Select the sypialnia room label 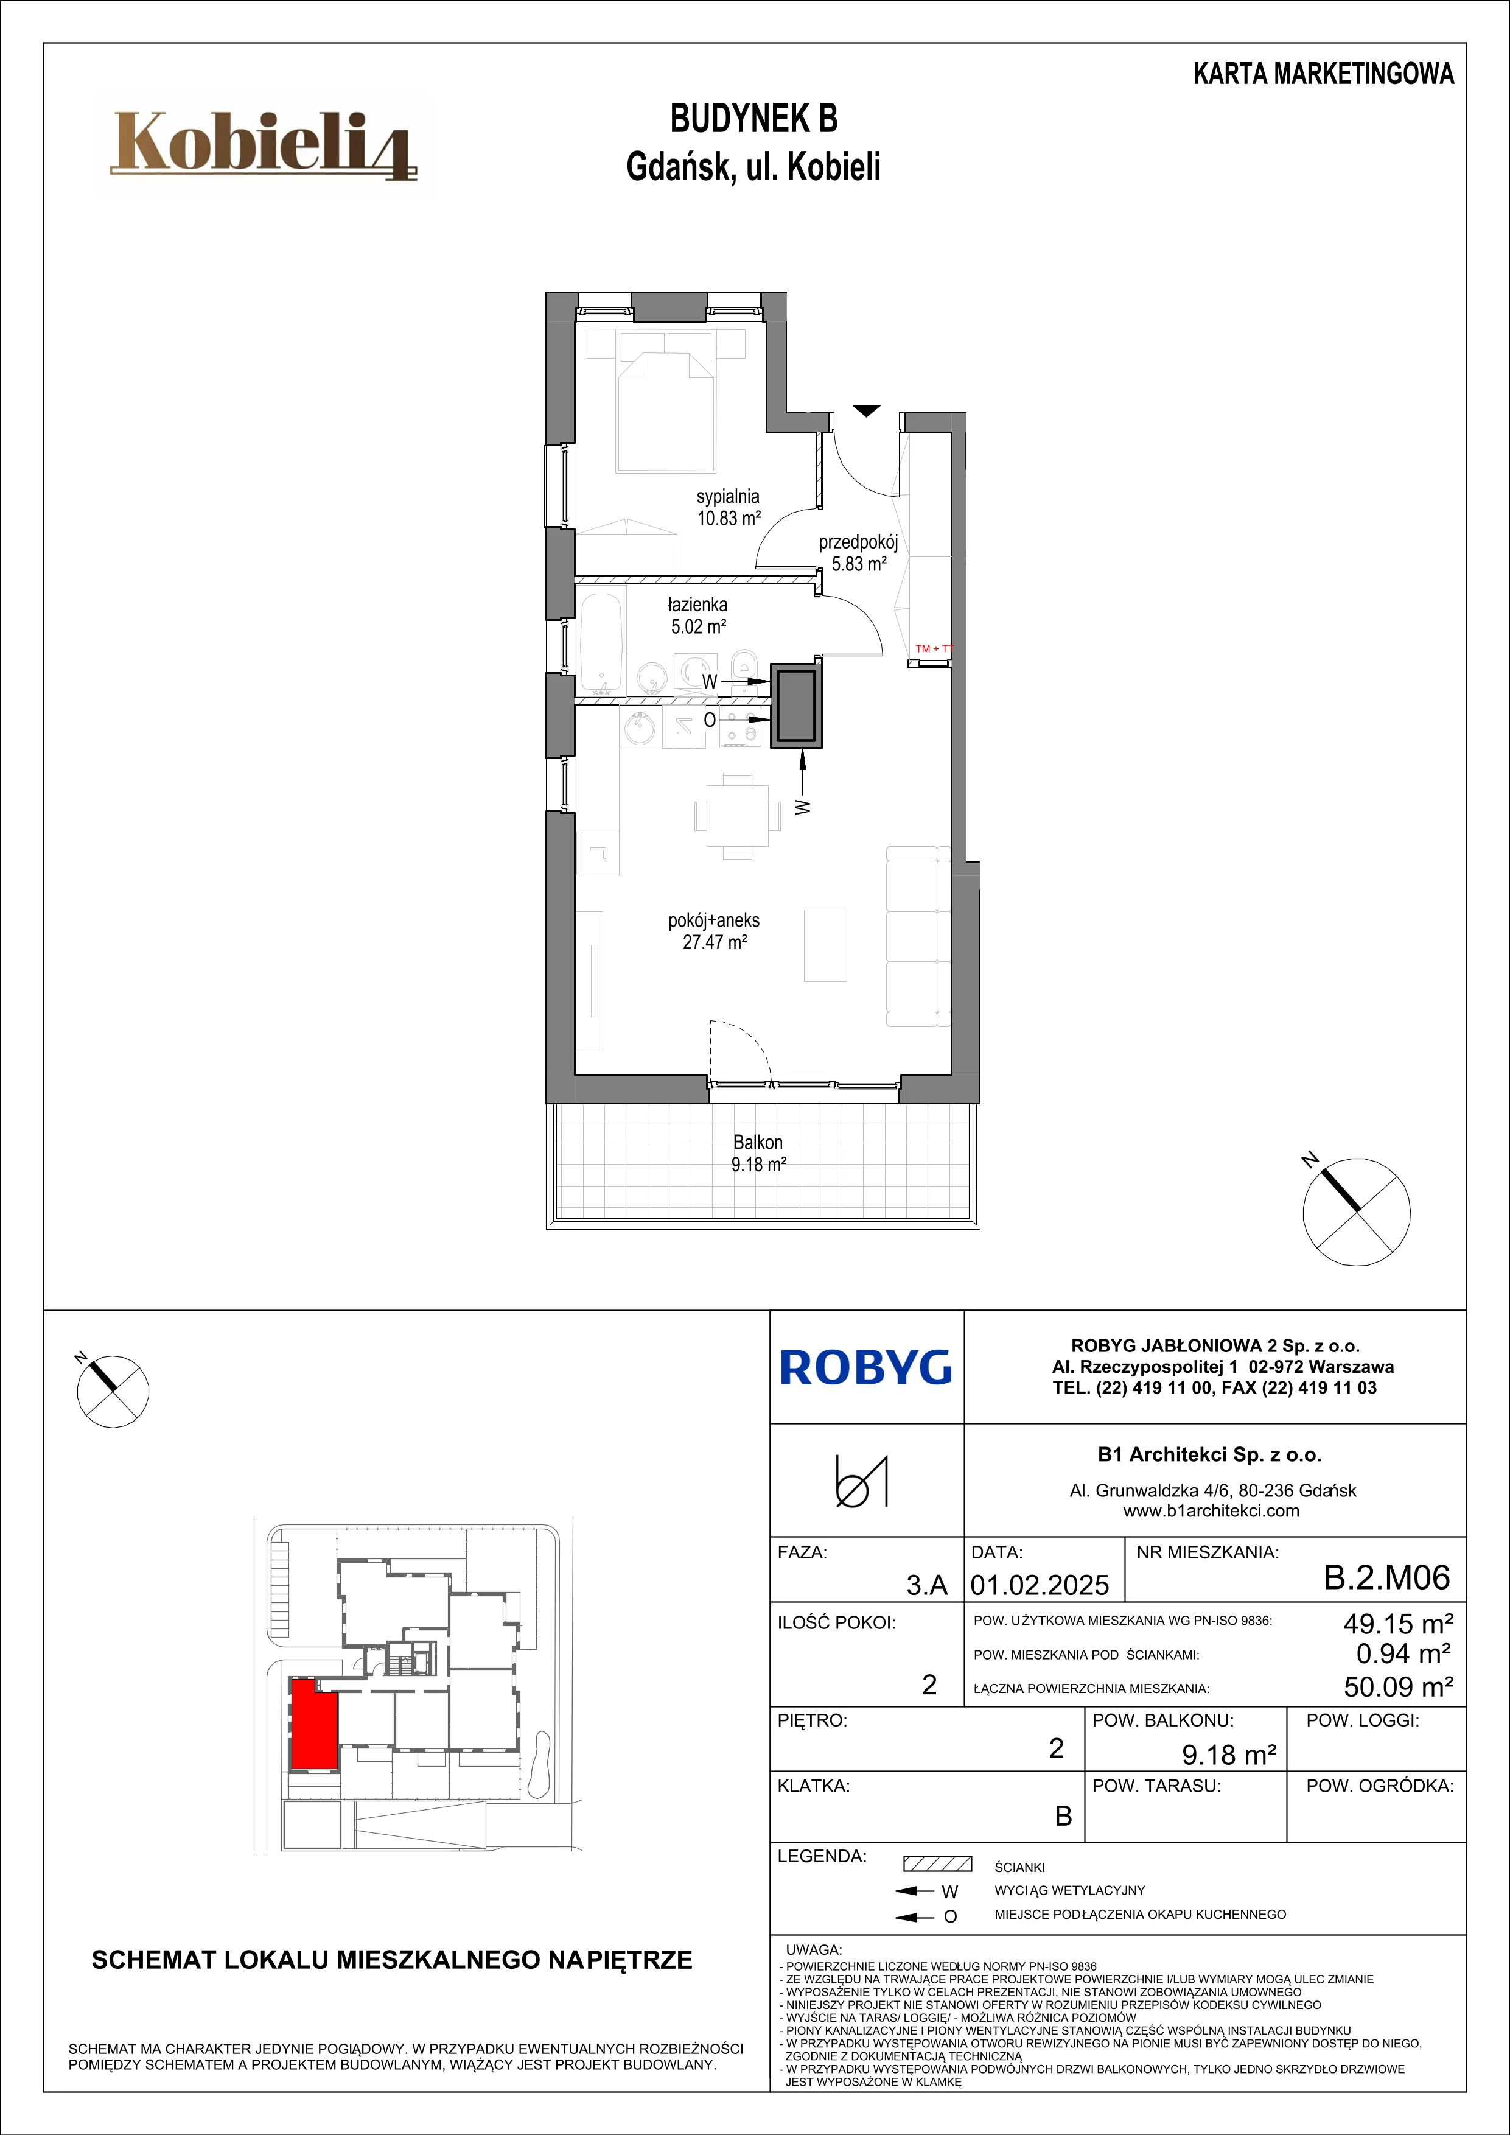[x=728, y=497]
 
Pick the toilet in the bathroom [x=744, y=668]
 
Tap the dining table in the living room [x=737, y=816]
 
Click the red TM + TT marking [x=934, y=648]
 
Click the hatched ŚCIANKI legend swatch [x=937, y=1863]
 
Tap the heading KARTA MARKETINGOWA [x=1323, y=74]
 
